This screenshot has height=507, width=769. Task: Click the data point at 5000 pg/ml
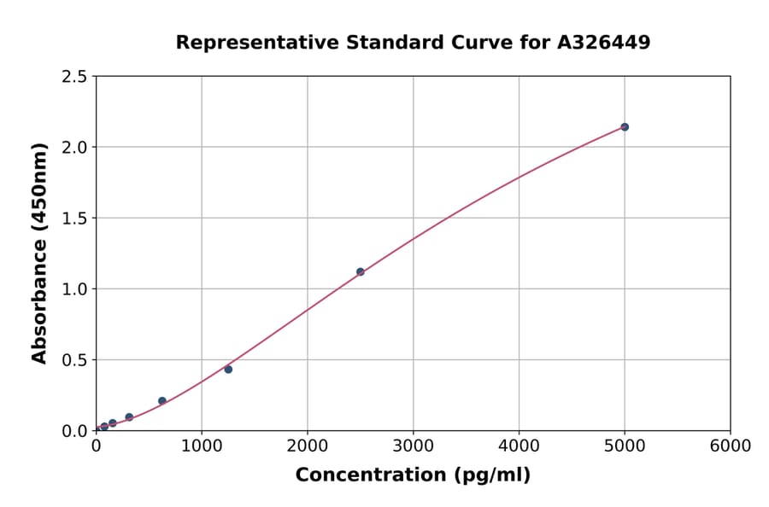pos(625,127)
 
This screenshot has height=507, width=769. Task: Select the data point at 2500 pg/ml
pos(360,271)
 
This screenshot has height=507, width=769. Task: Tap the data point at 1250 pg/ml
pos(228,370)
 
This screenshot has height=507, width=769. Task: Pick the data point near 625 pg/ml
pos(162,401)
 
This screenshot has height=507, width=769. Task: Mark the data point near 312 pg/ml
pos(129,417)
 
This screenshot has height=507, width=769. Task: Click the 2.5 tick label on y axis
pos(73,77)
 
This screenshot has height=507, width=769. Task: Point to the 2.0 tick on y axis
pos(73,148)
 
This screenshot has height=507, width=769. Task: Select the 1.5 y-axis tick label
pos(73,219)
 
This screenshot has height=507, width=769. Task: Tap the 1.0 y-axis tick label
pos(73,289)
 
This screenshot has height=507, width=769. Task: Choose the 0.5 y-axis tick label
pos(73,360)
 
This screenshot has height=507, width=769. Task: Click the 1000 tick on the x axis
pos(202,446)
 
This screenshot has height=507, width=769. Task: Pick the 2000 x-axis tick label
pos(308,446)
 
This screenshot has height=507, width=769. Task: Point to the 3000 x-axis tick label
pos(414,446)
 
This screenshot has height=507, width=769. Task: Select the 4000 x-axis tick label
pos(519,446)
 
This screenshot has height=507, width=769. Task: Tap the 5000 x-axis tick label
pos(625,446)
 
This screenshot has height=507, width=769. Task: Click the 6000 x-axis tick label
pos(731,446)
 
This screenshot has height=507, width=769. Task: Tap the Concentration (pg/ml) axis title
pos(413,475)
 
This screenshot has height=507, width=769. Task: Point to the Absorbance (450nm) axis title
pos(39,253)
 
